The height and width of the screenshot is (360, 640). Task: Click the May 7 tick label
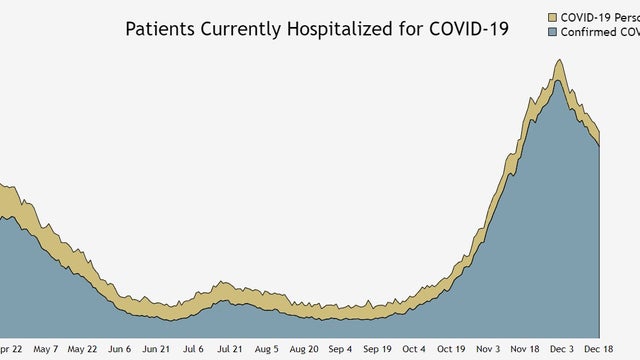pyautogui.click(x=46, y=350)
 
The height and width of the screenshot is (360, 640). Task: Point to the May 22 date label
pyautogui.click(x=82, y=350)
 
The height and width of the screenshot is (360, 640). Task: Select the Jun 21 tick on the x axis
pyautogui.click(x=156, y=350)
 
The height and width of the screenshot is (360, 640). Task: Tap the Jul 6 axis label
pyautogui.click(x=193, y=350)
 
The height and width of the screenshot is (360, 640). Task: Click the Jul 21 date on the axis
pyautogui.click(x=230, y=350)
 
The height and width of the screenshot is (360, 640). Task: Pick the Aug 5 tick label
pyautogui.click(x=267, y=350)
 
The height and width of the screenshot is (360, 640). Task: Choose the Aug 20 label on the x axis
pyautogui.click(x=304, y=350)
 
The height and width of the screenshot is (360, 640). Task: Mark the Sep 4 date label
pyautogui.click(x=341, y=350)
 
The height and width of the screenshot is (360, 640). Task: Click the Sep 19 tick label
pyautogui.click(x=378, y=350)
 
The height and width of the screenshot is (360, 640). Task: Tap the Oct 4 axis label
pyautogui.click(x=415, y=350)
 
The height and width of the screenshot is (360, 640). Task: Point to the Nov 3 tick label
pyautogui.click(x=489, y=350)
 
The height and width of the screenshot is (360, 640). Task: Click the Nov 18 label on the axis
pyautogui.click(x=526, y=350)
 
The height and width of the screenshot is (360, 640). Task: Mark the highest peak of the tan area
pyautogui.click(x=559, y=60)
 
